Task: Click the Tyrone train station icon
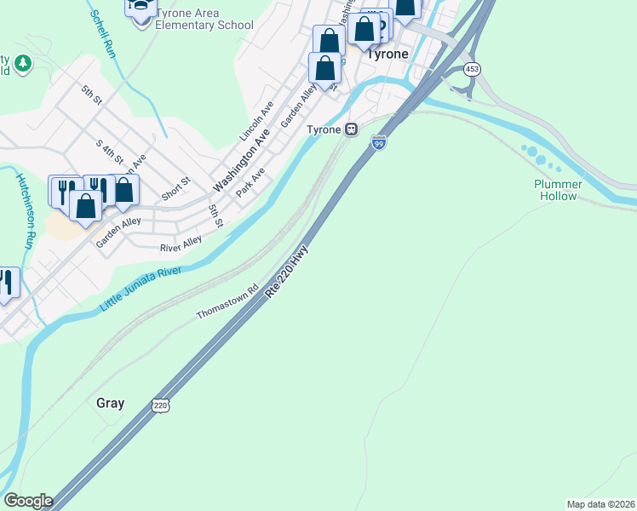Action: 351,129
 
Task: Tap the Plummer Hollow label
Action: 558,190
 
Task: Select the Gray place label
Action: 111,403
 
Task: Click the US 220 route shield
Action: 161,405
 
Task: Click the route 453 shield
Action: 471,68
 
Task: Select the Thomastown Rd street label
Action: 227,301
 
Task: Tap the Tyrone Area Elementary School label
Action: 198,20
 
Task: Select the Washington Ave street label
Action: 241,160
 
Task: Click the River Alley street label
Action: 181,245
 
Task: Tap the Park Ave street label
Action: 250,181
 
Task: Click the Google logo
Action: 28,501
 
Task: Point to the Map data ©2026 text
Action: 600,504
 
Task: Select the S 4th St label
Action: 110,154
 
